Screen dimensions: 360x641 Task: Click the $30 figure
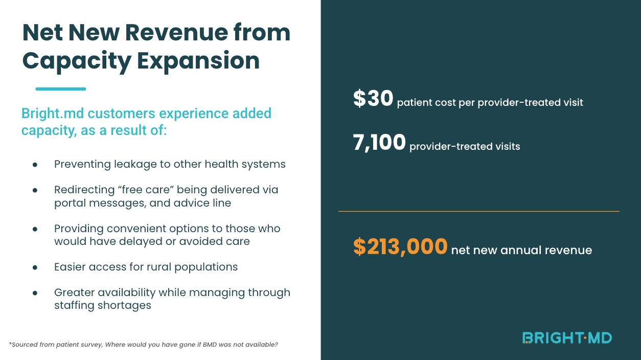373,99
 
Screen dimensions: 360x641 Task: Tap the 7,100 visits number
379,143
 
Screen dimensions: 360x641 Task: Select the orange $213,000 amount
400,247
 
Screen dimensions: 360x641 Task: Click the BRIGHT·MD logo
567,337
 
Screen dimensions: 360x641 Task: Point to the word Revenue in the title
175,33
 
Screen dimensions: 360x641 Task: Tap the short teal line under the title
60,89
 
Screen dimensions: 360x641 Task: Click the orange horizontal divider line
478,211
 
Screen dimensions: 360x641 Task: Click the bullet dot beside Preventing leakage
35,165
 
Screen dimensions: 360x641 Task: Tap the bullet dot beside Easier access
35,267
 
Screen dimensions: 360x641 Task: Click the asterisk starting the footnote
10,344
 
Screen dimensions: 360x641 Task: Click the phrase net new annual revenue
521,251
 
